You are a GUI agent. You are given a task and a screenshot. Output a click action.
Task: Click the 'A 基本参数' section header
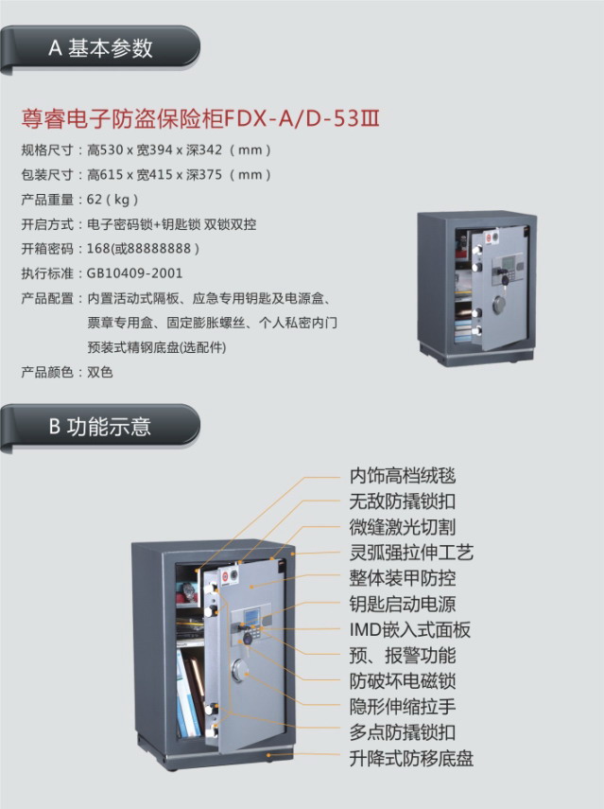coord(100,48)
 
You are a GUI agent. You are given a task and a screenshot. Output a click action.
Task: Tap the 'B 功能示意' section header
coord(100,427)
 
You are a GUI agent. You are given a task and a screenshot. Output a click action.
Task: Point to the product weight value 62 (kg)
coord(112,200)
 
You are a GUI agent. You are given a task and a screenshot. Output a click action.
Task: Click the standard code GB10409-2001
coord(134,273)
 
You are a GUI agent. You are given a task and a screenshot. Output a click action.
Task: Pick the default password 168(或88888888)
coord(143,249)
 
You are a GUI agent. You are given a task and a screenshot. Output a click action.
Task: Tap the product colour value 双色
coord(99,372)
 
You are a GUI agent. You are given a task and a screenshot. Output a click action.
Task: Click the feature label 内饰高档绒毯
coord(403,475)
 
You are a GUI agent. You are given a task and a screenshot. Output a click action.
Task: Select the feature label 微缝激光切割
coord(403,527)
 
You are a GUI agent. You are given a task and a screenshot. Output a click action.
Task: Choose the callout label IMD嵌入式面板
coord(410,630)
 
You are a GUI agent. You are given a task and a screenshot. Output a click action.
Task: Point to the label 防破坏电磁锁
coord(403,681)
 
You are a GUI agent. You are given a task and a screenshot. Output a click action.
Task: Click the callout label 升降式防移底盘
coord(411,759)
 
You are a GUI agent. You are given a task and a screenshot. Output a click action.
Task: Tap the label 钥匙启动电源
coord(403,605)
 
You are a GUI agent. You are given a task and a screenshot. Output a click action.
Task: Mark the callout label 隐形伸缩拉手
coord(403,707)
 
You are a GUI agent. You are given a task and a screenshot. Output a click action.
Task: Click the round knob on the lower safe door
coord(240,669)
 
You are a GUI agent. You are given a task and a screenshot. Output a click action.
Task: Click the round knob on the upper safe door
coord(499,306)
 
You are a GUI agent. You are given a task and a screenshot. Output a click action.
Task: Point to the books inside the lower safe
coord(190,693)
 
